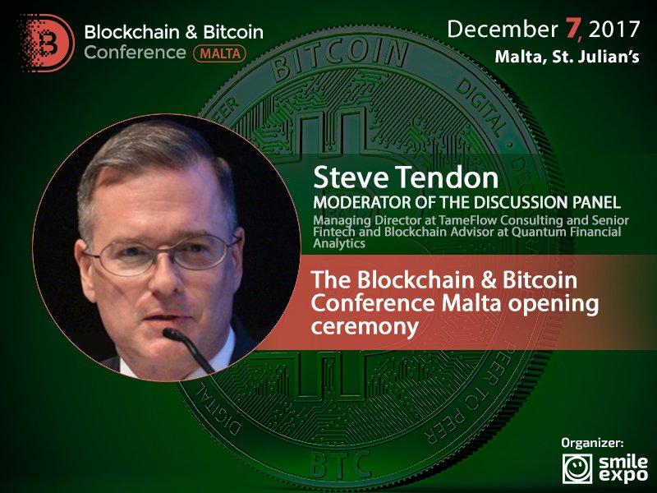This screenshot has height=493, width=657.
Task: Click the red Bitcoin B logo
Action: point(47,43)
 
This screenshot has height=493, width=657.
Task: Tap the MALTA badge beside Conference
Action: point(219,53)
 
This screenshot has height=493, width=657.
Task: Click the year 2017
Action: point(614,30)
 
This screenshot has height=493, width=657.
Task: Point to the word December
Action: point(503,30)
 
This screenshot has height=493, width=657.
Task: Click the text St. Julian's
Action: point(596,57)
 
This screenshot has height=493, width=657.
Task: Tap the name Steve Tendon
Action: point(406,177)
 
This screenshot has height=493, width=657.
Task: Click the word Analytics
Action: point(339,243)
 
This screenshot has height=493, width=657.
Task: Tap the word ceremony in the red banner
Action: point(365,326)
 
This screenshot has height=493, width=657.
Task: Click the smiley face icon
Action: point(577,468)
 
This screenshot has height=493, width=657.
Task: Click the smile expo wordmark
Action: point(623,468)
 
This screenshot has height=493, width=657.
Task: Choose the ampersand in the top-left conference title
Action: point(191,32)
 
